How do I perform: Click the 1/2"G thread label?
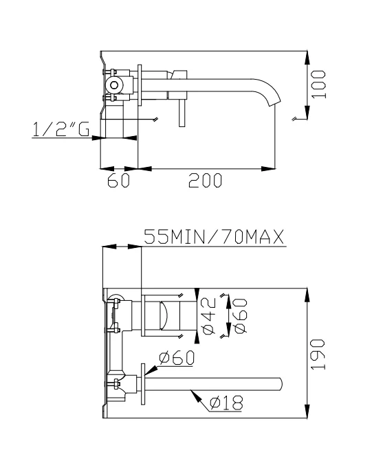61,129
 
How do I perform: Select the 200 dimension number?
206,180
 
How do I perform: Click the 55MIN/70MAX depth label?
214,238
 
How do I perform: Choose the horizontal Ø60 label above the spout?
176,358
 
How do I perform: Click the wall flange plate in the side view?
140,87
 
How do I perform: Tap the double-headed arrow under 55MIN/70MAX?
121,247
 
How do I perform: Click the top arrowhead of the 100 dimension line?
306,54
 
